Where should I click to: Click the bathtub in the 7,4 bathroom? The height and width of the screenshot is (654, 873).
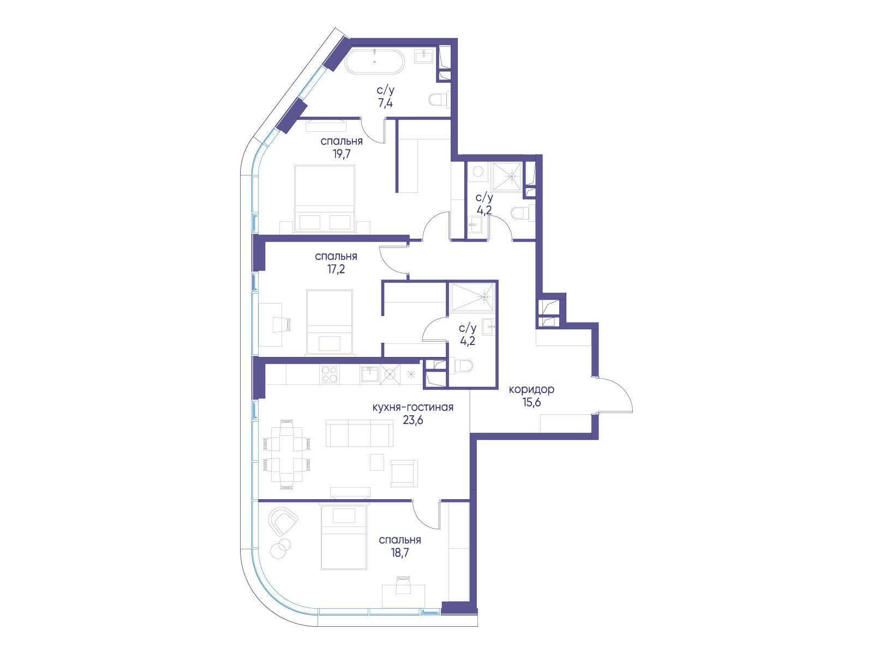375,62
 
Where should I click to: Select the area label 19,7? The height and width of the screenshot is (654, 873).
342,154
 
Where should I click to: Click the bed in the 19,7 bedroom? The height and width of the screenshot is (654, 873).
324,198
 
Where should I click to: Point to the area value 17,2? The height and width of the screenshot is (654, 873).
336,269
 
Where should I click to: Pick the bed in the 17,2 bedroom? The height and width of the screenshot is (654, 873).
330,322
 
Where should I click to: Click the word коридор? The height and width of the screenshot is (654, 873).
531,390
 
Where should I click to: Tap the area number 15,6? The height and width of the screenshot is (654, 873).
532,403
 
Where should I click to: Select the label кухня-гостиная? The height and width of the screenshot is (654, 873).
413,408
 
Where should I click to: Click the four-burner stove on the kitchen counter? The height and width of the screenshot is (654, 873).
330,374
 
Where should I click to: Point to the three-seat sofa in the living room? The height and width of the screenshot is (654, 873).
360,433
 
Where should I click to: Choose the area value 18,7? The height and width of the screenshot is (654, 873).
399,553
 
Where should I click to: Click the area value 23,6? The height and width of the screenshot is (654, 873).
413,420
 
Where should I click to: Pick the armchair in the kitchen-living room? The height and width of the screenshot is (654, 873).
404,474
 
